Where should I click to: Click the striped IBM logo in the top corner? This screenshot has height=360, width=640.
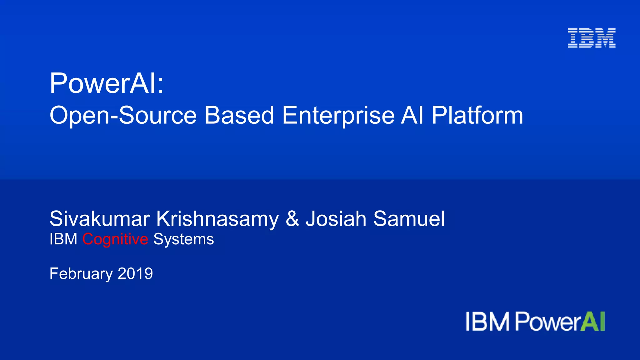click(592, 38)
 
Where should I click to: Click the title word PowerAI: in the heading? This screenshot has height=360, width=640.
click(107, 83)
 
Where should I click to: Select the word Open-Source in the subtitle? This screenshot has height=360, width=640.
click(123, 116)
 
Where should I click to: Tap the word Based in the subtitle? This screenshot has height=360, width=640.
click(239, 116)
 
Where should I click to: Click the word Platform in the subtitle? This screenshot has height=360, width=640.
click(477, 116)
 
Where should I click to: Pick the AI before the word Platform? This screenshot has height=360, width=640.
click(412, 116)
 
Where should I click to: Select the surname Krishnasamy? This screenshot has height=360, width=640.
click(217, 219)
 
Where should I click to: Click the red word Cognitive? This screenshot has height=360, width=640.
click(115, 240)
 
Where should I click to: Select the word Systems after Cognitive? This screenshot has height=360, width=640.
click(183, 240)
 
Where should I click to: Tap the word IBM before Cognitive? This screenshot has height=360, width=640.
click(63, 239)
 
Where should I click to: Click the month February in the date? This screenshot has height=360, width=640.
click(81, 274)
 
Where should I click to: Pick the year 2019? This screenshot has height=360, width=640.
click(135, 273)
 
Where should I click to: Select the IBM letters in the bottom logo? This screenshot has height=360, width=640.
click(487, 322)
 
